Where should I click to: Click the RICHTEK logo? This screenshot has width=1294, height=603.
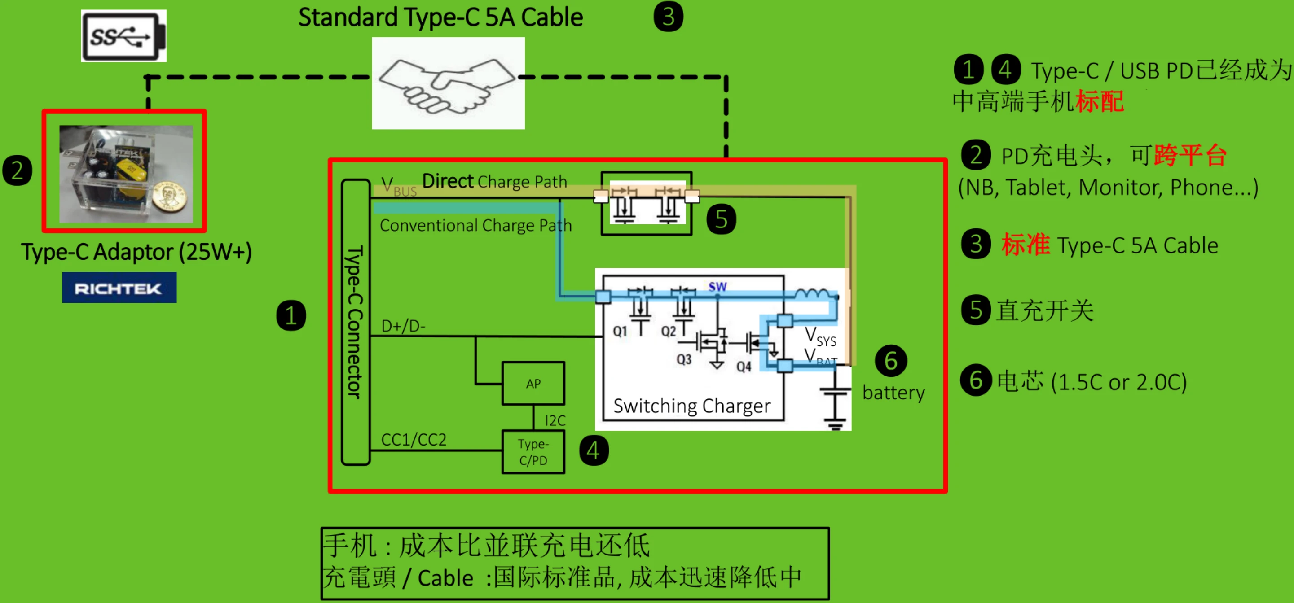pyautogui.click(x=119, y=288)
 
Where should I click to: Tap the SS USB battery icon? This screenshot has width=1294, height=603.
pyautogui.click(x=123, y=36)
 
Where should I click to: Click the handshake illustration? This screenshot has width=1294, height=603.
pyautogui.click(x=448, y=83)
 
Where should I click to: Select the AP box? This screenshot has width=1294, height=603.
pyautogui.click(x=533, y=384)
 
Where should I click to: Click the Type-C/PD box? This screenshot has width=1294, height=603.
pyautogui.click(x=533, y=452)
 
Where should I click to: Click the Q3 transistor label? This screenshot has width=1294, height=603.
pyautogui.click(x=684, y=359)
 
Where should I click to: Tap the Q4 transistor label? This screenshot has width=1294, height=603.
pyautogui.click(x=744, y=367)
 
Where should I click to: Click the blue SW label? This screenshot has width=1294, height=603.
pyautogui.click(x=717, y=287)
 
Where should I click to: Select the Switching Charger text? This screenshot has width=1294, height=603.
pyautogui.click(x=692, y=406)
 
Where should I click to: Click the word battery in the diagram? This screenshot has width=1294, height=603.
pyautogui.click(x=893, y=393)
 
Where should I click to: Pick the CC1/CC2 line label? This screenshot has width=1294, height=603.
pyautogui.click(x=414, y=440)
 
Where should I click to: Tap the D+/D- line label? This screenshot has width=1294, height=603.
pyautogui.click(x=403, y=326)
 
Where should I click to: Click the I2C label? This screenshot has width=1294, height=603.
pyautogui.click(x=555, y=421)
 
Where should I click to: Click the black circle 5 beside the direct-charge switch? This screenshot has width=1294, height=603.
pyautogui.click(x=722, y=219)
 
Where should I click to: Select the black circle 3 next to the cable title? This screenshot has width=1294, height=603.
pyautogui.click(x=668, y=17)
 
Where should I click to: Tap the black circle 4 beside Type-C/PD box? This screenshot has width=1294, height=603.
pyautogui.click(x=594, y=450)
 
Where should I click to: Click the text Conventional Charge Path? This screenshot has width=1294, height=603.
pyautogui.click(x=475, y=225)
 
